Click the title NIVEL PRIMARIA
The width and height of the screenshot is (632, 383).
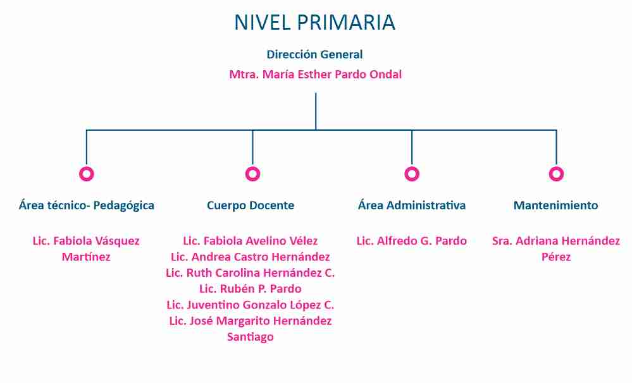[314, 22]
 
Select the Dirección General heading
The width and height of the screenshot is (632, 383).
[314, 54]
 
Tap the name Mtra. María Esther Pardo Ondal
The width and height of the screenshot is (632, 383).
[315, 75]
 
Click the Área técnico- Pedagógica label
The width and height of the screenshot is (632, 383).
[87, 205]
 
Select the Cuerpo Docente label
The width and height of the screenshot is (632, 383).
[251, 205]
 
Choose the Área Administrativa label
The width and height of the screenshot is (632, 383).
[411, 205]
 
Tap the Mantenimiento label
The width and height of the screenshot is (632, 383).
[556, 205]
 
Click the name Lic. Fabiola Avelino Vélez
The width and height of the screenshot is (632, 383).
[251, 241]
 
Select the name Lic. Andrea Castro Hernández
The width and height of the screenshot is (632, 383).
[251, 257]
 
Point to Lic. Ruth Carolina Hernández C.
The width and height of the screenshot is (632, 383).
[251, 273]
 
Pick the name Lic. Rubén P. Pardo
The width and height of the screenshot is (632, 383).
[251, 289]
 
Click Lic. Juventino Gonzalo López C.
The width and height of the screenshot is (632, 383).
[251, 305]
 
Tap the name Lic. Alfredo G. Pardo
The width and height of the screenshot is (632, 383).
[411, 241]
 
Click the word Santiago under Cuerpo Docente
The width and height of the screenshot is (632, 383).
[251, 337]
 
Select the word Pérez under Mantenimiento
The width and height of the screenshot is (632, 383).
[556, 257]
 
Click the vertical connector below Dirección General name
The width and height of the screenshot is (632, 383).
[316, 112]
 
